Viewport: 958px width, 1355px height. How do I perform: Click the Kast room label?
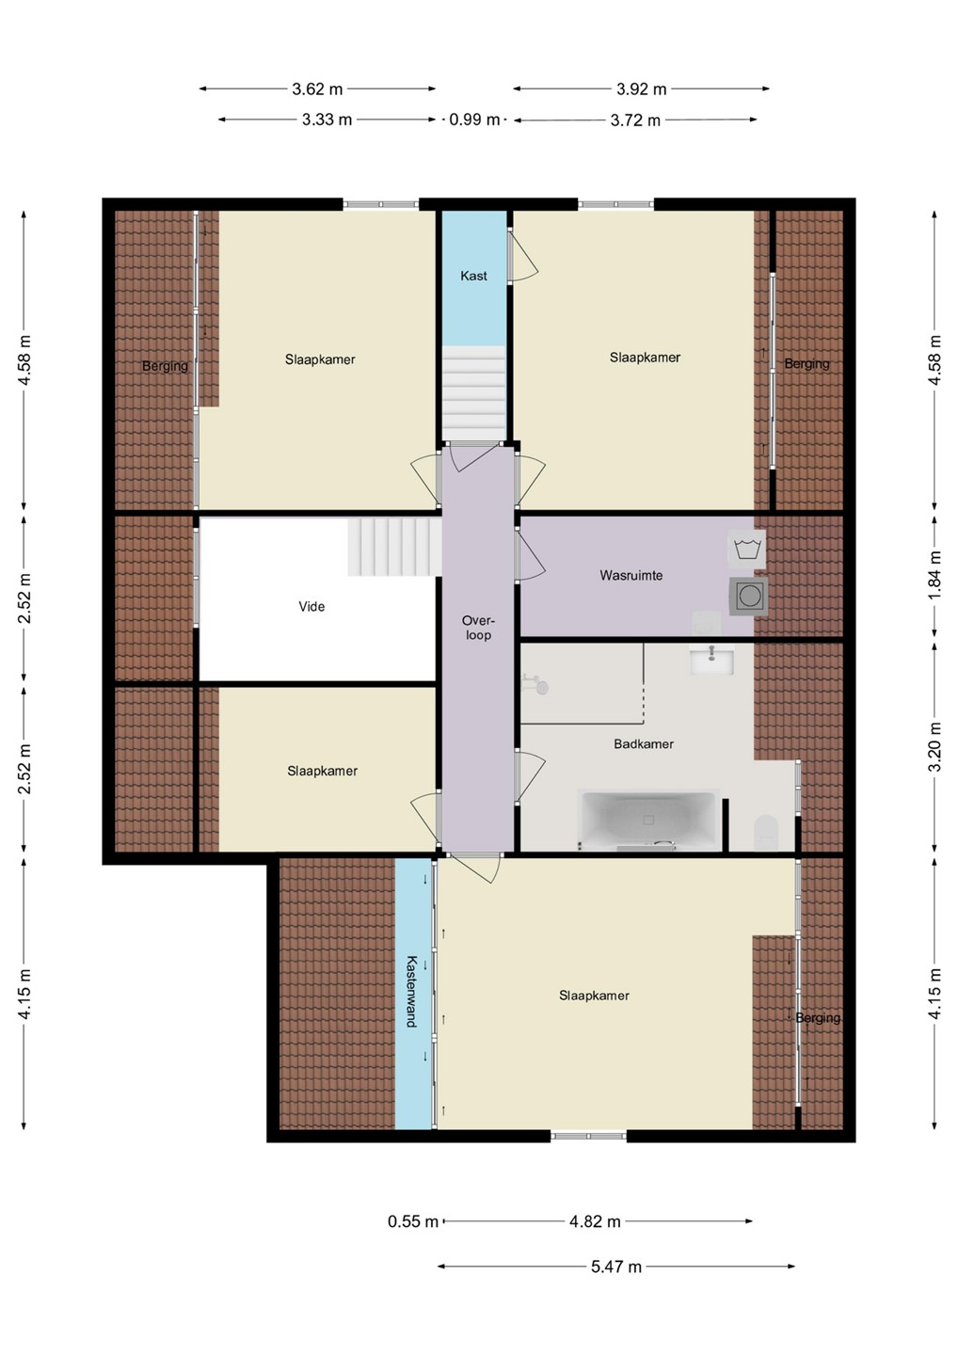(x=473, y=276)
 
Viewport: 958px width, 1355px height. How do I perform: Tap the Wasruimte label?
(x=631, y=575)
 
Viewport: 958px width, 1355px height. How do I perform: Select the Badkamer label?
(x=644, y=744)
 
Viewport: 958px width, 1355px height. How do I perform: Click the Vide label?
(x=311, y=606)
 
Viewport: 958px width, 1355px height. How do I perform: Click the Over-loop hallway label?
(x=478, y=628)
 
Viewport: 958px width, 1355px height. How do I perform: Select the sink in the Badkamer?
(x=711, y=660)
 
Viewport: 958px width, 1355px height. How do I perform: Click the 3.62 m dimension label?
(x=317, y=88)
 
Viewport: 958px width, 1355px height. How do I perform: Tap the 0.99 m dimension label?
(x=474, y=120)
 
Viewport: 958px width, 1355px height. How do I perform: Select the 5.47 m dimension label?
(x=615, y=1267)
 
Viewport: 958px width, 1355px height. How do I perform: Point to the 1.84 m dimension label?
(x=935, y=575)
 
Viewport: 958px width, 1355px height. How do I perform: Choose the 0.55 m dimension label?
(x=412, y=1221)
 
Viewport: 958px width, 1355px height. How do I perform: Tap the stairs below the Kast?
(x=473, y=393)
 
